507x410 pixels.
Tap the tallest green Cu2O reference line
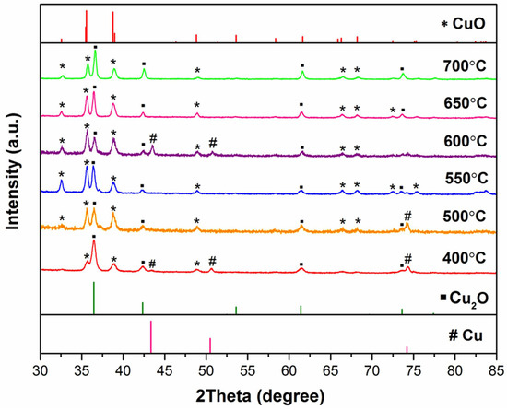tap(94, 298)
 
